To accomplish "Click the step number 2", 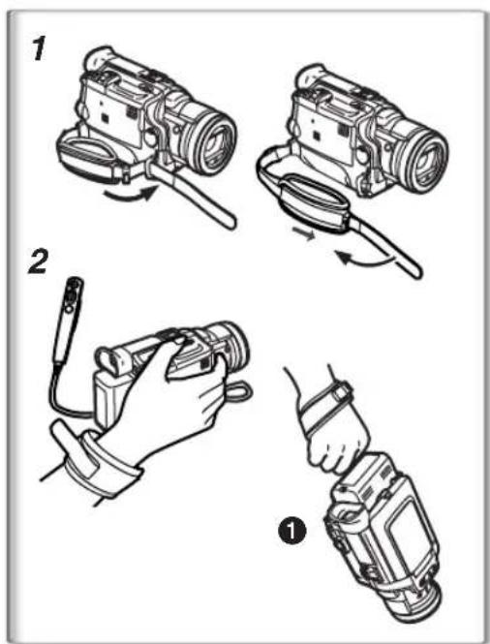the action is tap(39, 262).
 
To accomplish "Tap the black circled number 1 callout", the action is tap(291, 531).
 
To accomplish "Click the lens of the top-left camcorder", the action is tap(214, 141).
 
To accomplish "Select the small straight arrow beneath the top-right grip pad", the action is tap(304, 235).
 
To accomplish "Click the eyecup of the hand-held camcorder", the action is tap(110, 360).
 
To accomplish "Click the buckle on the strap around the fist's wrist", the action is tap(342, 390).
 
